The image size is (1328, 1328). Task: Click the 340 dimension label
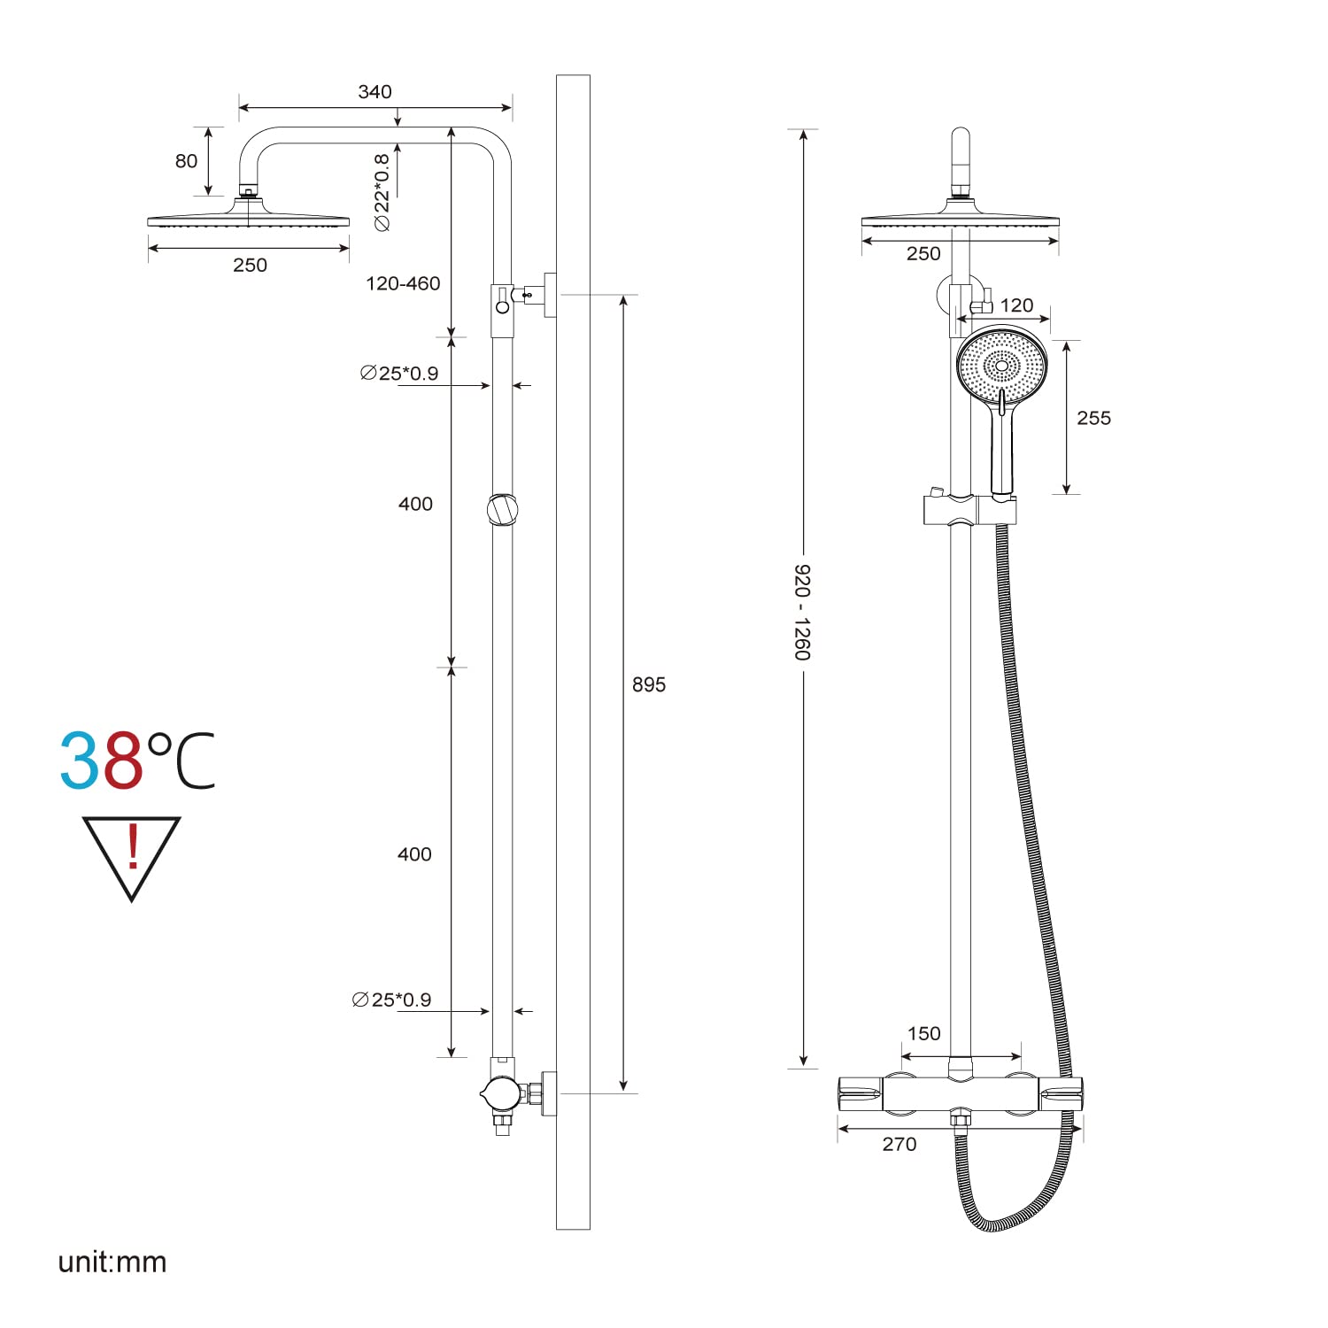tap(374, 92)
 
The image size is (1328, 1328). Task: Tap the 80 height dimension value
tap(186, 161)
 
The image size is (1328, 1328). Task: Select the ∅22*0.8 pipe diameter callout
tap(382, 192)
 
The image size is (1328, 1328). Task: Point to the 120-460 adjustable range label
tap(403, 283)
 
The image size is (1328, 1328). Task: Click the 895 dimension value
tap(648, 684)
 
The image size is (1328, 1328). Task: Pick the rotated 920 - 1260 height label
tap(801, 612)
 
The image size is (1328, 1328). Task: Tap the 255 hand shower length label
tap(1093, 418)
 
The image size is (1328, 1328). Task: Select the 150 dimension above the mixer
tap(923, 1033)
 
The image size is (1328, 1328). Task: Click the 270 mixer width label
tap(899, 1144)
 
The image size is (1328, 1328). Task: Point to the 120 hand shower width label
tap(1016, 305)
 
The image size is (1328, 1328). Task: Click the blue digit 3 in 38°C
tap(81, 761)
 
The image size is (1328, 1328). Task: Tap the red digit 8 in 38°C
tap(123, 761)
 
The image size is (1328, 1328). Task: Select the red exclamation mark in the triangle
tap(133, 847)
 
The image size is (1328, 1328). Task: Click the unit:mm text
tap(112, 1262)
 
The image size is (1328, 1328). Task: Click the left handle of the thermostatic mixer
tap(860, 1094)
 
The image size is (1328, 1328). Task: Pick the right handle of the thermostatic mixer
tap(1061, 1094)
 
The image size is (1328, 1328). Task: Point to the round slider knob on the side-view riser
tap(502, 509)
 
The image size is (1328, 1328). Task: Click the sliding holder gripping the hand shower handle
tap(969, 511)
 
